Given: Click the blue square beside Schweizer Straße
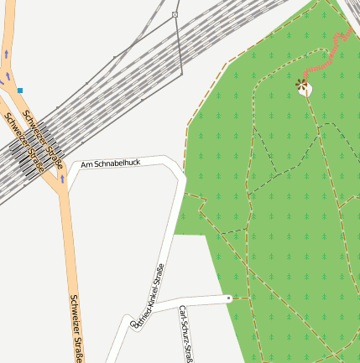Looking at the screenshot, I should click(19, 90).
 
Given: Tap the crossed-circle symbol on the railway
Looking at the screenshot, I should click(175, 15).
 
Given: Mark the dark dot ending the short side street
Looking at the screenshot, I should click(228, 297).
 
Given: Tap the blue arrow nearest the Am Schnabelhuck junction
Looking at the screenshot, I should click(62, 179).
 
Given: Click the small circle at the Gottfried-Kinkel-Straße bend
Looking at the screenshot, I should click(134, 321).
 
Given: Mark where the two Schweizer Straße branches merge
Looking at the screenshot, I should click(61, 188).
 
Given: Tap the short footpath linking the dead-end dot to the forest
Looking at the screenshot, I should click(240, 297).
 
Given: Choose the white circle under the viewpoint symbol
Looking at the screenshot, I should click(305, 90).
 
